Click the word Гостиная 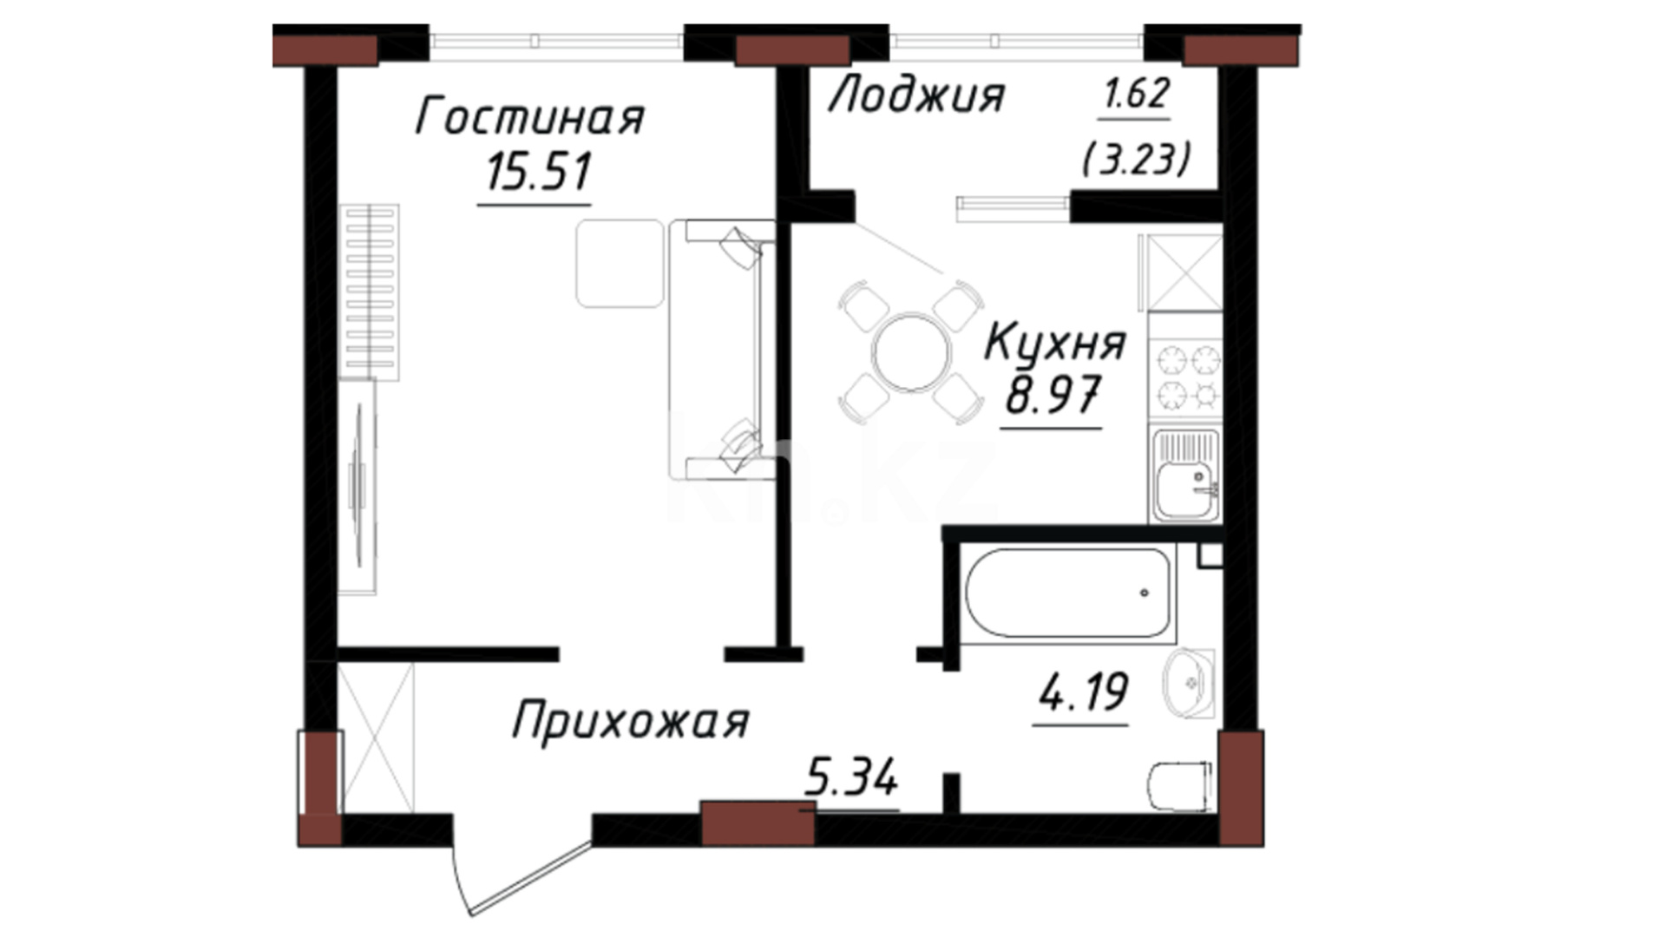[x=530, y=117]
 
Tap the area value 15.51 [x=538, y=171]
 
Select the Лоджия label [x=916, y=95]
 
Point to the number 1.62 [x=1136, y=93]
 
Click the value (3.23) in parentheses [x=1136, y=160]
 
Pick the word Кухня [x=1054, y=344]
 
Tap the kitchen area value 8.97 [x=1053, y=395]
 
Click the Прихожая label [x=630, y=722]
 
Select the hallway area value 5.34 [x=850, y=777]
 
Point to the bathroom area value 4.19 [x=1084, y=692]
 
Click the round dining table [x=912, y=352]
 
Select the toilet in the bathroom [x=1179, y=786]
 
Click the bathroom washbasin [x=1190, y=684]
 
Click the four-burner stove [x=1186, y=378]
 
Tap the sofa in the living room [x=722, y=350]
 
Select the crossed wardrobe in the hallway [x=376, y=738]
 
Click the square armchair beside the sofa [x=620, y=264]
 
